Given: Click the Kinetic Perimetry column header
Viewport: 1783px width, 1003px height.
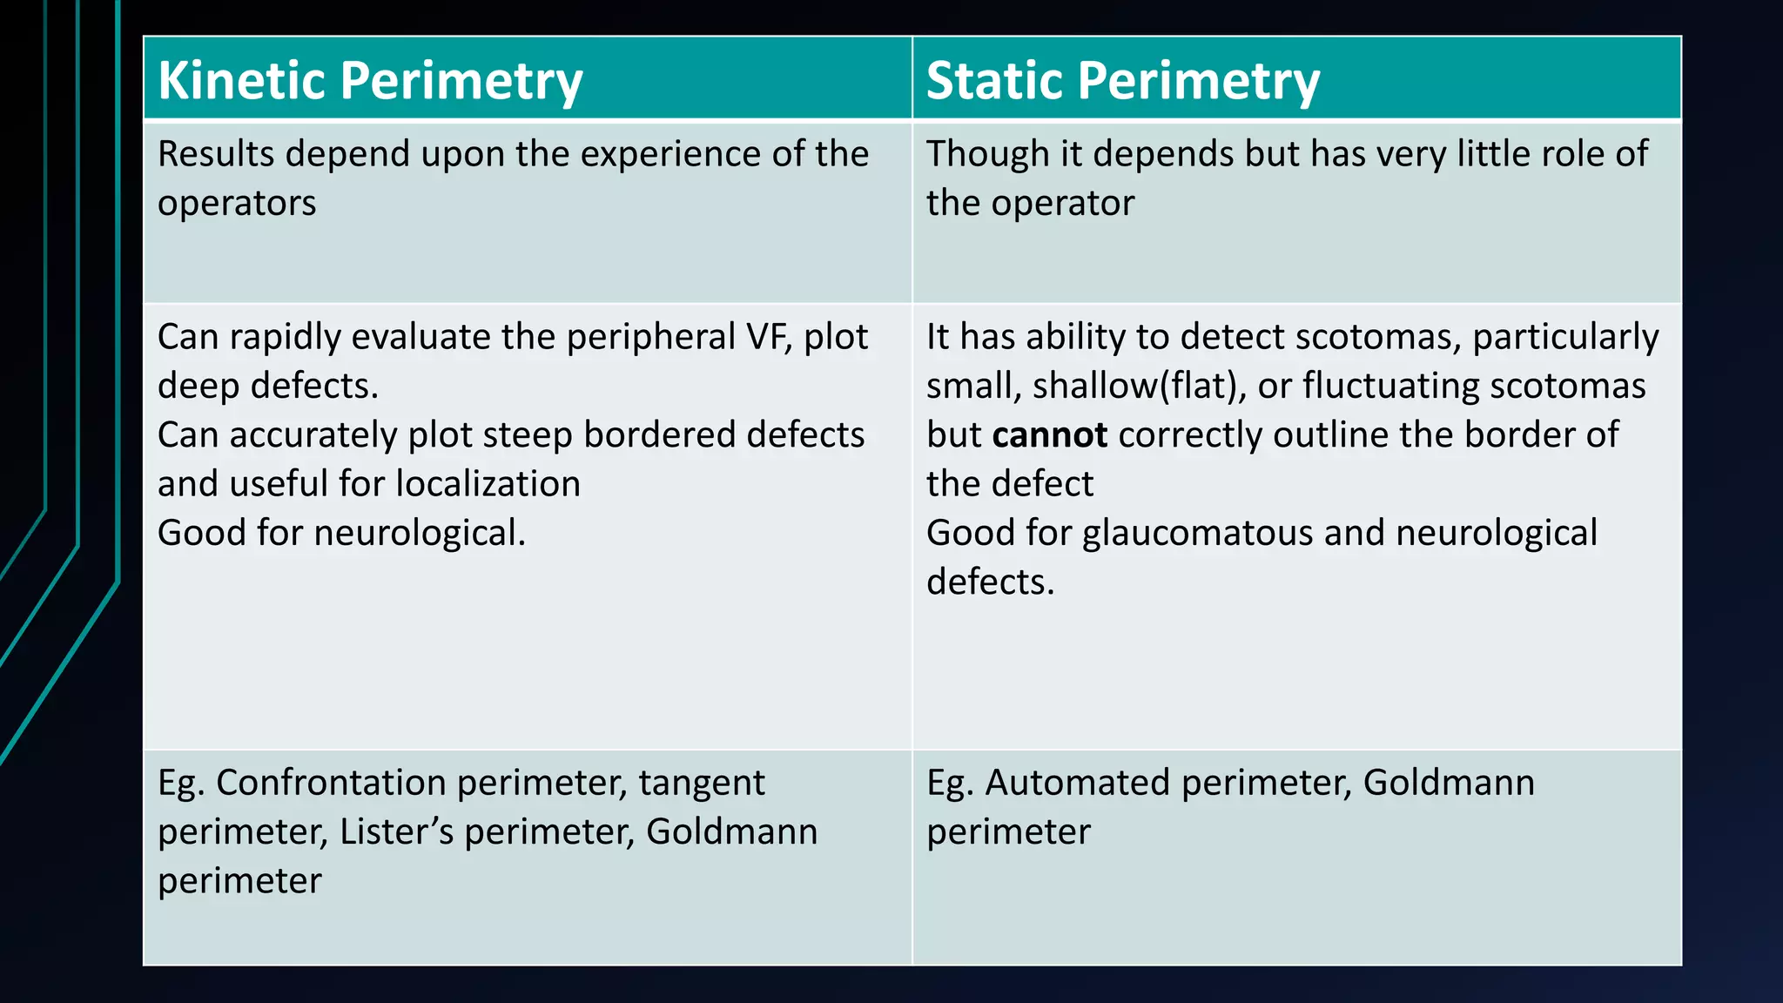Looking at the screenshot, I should [x=370, y=81].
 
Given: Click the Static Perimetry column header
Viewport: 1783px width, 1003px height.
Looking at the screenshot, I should [x=1122, y=81].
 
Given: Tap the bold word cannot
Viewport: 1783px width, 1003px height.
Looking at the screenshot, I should [x=1049, y=434].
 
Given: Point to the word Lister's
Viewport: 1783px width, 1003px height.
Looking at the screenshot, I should [x=396, y=831].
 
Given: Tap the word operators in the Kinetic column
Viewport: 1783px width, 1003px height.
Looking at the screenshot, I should [x=237, y=203].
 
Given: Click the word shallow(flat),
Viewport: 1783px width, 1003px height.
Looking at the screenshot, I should [x=1139, y=386].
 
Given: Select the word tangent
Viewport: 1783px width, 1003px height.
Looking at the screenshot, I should [x=701, y=782].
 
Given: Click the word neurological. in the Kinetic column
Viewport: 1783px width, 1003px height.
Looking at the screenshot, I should [x=420, y=533].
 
